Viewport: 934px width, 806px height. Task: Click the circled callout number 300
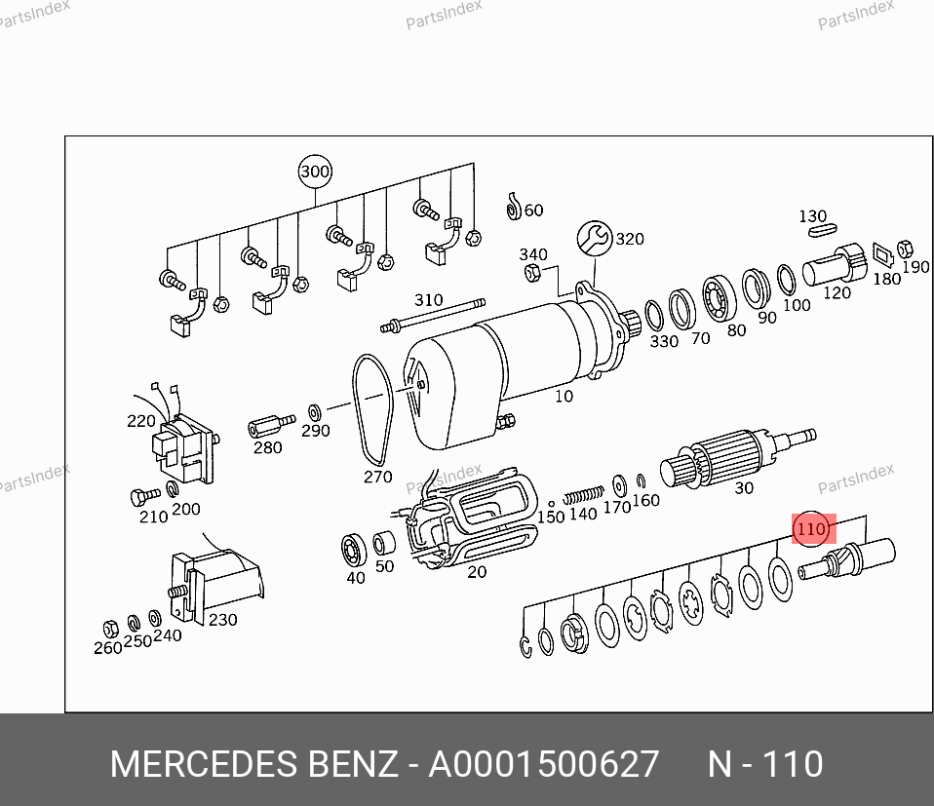pos(315,172)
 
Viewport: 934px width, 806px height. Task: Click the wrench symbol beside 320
pos(595,239)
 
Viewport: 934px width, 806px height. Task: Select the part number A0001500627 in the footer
pos(544,764)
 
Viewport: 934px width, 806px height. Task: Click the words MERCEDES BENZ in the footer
pos(253,764)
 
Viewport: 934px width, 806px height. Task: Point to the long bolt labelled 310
pos(433,316)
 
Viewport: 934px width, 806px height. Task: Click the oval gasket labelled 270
pos(372,409)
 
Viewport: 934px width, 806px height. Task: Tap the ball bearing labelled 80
pos(719,297)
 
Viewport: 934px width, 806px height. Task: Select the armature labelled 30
pos(737,457)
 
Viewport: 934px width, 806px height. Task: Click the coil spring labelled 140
pos(583,495)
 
